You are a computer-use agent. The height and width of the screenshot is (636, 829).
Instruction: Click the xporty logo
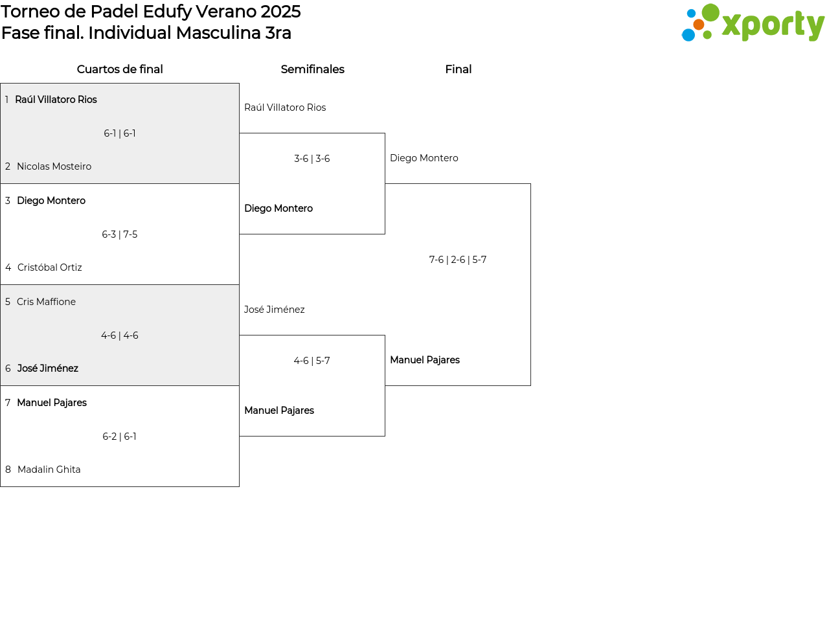coord(753,23)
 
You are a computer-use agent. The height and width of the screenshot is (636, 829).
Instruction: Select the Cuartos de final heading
coord(120,69)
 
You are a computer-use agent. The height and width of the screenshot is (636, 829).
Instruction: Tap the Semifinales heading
coord(312,69)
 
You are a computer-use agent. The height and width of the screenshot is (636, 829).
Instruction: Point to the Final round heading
coord(458,69)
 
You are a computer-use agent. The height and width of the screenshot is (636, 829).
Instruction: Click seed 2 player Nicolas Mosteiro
coord(54,166)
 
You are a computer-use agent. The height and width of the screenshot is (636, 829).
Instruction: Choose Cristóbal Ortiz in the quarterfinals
coord(50,267)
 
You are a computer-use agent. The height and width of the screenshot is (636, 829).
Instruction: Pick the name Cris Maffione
coord(46,301)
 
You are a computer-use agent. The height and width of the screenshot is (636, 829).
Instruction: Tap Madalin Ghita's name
coord(49,470)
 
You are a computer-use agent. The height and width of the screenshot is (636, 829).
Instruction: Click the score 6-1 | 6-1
coord(120,133)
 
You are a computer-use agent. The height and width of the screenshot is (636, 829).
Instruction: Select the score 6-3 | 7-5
coord(120,234)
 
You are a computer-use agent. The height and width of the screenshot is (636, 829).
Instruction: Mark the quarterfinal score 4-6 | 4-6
coord(120,335)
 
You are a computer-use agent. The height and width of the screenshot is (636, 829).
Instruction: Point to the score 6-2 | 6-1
coord(120,436)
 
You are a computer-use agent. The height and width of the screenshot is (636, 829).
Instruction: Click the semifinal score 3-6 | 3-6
coord(312,158)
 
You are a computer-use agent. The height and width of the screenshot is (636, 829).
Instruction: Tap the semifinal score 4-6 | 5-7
coord(312,361)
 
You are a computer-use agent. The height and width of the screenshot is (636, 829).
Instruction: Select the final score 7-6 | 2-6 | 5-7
coord(458,260)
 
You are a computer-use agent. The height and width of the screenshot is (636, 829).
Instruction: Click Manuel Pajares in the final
coord(425,360)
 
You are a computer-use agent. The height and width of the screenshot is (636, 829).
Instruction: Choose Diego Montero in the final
coord(424,158)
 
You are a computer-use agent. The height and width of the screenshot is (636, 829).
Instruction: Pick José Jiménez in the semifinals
coord(274,310)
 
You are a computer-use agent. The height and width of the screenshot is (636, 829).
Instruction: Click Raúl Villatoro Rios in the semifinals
coord(285,108)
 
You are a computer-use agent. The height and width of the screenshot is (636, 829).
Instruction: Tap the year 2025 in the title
coord(280,12)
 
